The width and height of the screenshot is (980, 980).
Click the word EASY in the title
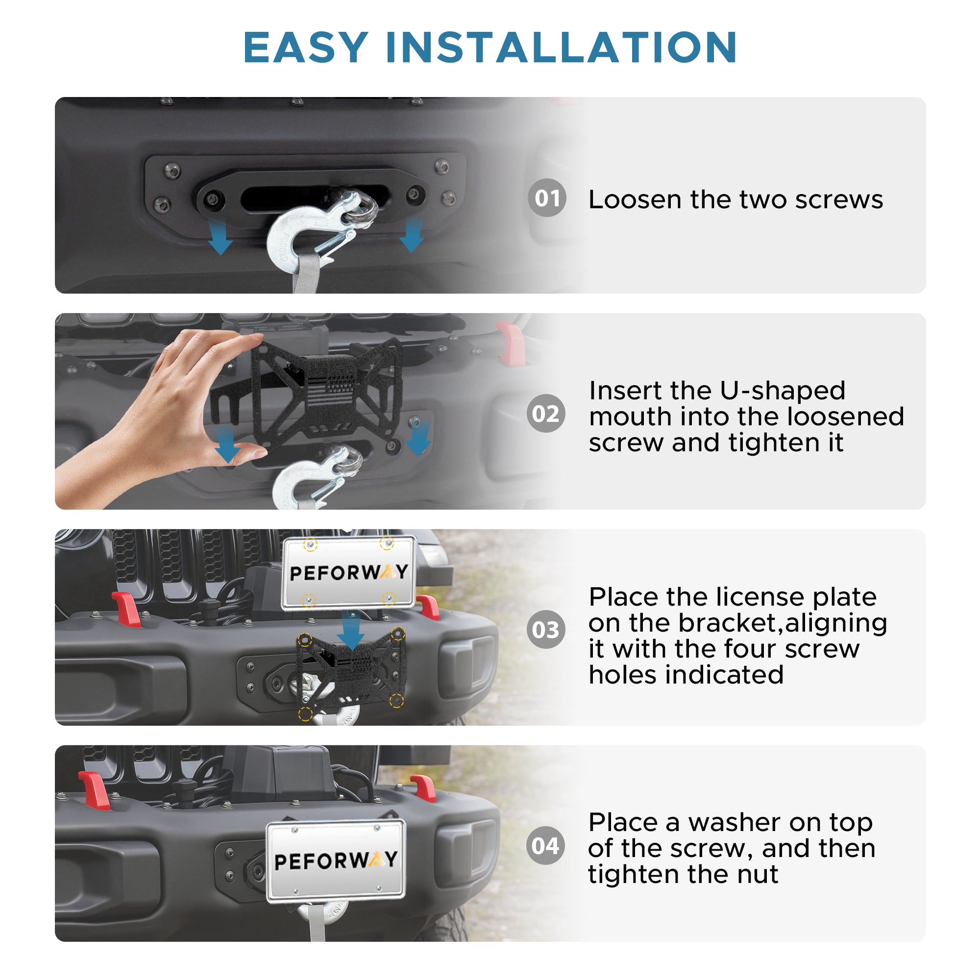point(305,48)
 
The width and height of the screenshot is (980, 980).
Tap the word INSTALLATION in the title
point(561,48)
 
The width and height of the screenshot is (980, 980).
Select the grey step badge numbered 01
point(547,198)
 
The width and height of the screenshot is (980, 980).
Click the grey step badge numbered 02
point(546,414)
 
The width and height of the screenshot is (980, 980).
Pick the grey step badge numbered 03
point(546,630)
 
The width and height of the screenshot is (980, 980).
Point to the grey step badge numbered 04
point(546,846)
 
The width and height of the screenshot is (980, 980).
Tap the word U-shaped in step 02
point(782,391)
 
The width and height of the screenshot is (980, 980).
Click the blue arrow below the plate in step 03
point(350,630)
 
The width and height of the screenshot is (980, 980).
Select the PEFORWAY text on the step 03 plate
point(349,573)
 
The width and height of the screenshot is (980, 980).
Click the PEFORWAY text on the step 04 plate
point(336,861)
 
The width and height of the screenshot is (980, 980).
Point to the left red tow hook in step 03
point(127,609)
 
